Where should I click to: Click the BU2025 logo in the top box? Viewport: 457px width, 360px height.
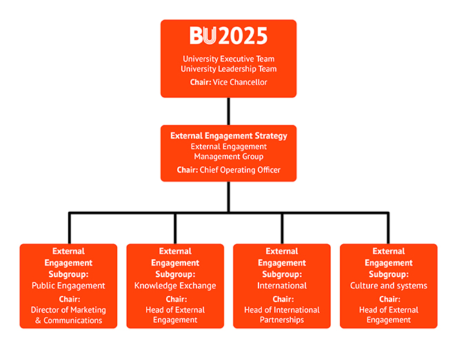[x=228, y=36]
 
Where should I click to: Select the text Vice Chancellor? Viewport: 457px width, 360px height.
[x=238, y=83]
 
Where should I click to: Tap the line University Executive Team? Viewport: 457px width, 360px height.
[x=228, y=59]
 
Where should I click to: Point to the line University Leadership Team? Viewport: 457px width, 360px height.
[x=228, y=69]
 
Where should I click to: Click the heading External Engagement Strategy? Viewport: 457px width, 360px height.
[x=228, y=136]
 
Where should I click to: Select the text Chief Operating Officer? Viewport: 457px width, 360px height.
[x=240, y=170]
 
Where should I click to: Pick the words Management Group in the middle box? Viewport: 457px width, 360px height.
[x=228, y=157]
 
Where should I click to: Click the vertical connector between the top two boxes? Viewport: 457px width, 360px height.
[x=228, y=111]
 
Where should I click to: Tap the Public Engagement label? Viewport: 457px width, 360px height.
[x=68, y=286]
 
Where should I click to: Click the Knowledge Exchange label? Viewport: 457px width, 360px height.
[x=175, y=286]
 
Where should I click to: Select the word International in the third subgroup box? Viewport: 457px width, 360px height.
[x=282, y=286]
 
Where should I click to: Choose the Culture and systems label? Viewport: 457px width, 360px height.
[x=389, y=286]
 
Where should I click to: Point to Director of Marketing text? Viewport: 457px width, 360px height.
[x=68, y=310]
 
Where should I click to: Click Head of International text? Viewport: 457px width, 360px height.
[x=282, y=310]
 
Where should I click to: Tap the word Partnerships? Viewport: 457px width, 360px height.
[x=282, y=320]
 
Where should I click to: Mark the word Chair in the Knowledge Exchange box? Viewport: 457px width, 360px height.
[x=175, y=299]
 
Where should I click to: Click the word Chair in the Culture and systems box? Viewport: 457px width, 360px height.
[x=389, y=299]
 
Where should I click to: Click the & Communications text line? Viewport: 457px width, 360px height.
[x=68, y=320]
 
